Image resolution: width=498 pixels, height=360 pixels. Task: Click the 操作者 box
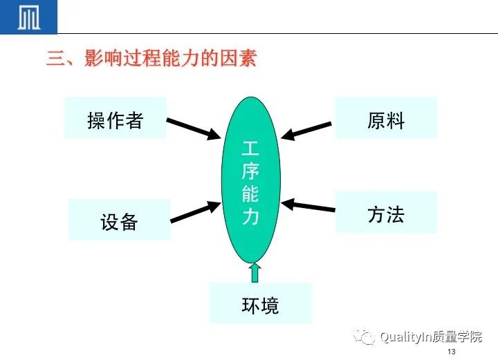point(116,117)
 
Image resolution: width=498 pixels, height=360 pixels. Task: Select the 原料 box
point(386,117)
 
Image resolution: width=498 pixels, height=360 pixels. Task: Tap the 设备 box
point(120,220)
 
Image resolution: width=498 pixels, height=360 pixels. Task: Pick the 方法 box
point(386,212)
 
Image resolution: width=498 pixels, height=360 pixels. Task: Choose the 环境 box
point(261,303)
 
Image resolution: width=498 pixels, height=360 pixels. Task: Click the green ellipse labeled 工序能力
point(251,180)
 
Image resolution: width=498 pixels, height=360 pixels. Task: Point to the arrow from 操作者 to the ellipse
point(194,129)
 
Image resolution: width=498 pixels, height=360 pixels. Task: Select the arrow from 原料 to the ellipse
point(306,131)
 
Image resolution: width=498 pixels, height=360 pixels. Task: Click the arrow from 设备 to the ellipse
point(195,211)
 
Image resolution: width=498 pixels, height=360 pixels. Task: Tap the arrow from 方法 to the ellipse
point(308,205)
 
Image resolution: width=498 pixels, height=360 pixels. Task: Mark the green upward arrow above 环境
point(255,272)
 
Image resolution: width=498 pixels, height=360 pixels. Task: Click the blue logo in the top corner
point(28,17)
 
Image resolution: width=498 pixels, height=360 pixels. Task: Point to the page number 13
point(451,352)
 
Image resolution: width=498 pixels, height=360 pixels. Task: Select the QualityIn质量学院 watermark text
point(431,337)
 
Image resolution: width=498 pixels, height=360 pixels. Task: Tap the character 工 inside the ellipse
point(250,149)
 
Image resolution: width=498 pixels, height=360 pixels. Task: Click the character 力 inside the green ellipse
point(250,216)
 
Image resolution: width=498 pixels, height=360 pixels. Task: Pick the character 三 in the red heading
point(55,58)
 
